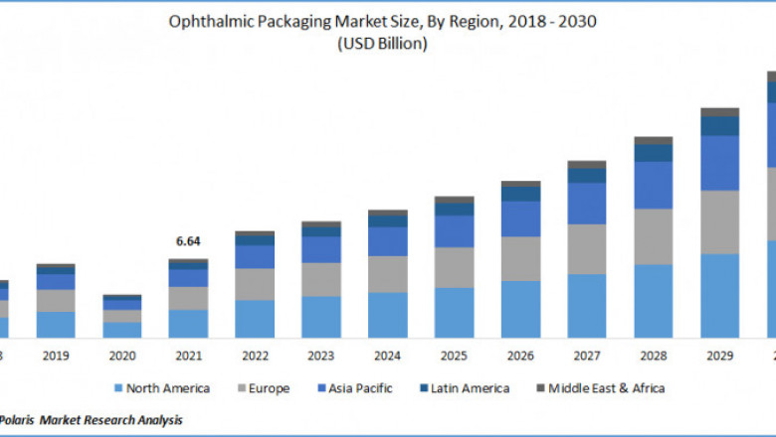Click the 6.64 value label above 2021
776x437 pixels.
click(x=188, y=241)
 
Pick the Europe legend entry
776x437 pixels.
click(x=266, y=388)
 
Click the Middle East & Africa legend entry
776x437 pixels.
click(x=597, y=388)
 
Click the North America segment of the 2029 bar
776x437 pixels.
click(x=719, y=296)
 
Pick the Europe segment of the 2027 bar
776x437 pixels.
click(x=587, y=248)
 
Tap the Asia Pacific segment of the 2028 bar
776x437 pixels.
click(x=653, y=185)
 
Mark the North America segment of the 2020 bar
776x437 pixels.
click(x=121, y=330)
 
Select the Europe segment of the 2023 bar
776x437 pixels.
click(x=321, y=279)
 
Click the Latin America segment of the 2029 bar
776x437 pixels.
click(x=719, y=126)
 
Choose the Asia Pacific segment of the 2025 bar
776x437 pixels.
click(x=454, y=230)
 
